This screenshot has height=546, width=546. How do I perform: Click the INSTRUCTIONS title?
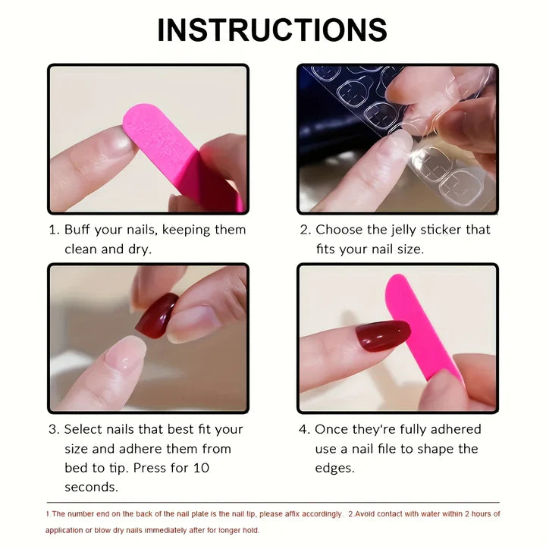click(x=272, y=30)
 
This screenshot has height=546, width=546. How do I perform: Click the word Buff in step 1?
click(x=80, y=230)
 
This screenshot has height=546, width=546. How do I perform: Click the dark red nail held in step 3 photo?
click(x=155, y=312)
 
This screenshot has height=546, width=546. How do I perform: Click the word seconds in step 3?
click(x=90, y=487)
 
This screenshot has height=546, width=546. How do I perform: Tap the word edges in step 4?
click(x=334, y=468)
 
